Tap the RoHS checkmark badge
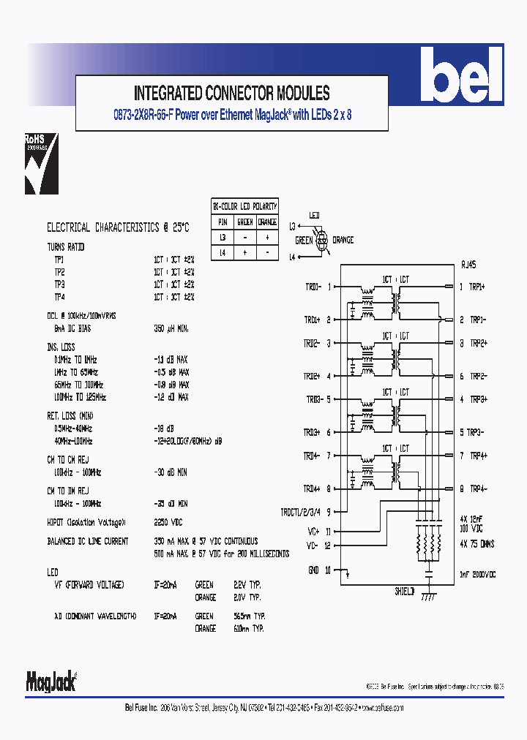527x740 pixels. click(41, 164)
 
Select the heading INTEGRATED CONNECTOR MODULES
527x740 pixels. click(231, 94)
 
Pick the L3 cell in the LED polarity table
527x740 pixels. click(223, 238)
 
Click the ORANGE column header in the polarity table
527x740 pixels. click(267, 222)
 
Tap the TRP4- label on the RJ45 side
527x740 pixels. click(479, 488)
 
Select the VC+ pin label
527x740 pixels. click(312, 531)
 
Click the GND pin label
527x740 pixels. click(313, 569)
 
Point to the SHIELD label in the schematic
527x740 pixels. click(405, 591)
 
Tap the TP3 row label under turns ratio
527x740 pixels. click(59, 284)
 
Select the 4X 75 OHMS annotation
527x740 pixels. click(477, 544)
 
